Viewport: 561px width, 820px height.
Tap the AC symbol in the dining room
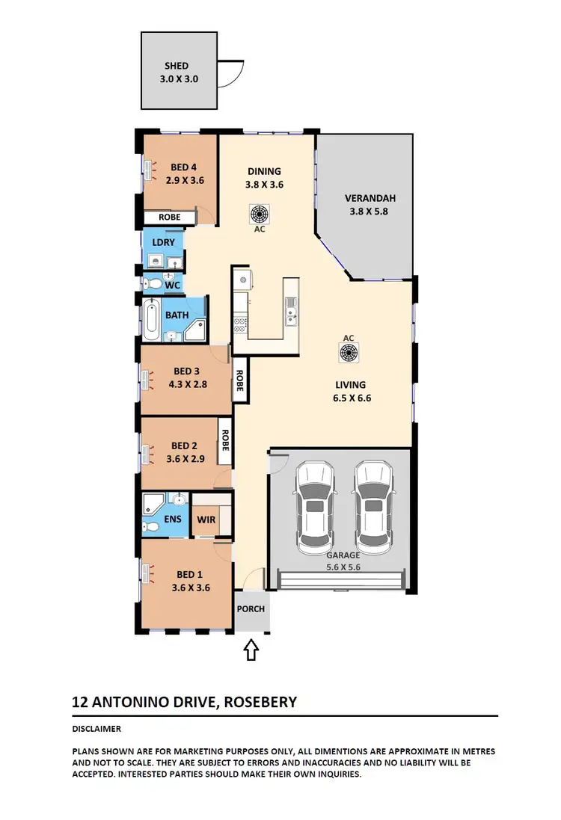point(259,214)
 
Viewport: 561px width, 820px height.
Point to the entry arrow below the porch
point(251,650)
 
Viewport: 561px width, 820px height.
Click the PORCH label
point(251,608)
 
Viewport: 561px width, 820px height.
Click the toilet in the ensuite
point(151,526)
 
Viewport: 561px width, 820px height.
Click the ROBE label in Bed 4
point(168,218)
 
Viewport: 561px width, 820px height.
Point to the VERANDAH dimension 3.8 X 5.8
point(370,212)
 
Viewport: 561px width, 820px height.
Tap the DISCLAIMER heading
point(96,729)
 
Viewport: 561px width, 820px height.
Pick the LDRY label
point(163,242)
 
